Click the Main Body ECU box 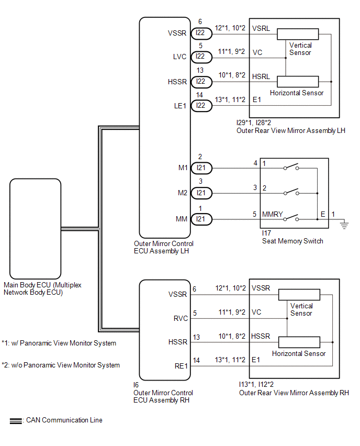click(35, 229)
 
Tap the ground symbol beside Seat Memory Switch click(344, 225)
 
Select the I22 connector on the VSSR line click(201, 32)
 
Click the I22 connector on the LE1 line click(201, 106)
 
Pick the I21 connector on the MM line click(201, 219)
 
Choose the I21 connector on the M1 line click(201, 168)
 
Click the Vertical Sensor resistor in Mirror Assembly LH click(298, 33)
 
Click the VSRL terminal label click(261, 28)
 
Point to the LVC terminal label click(179, 57)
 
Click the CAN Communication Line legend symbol click(16, 420)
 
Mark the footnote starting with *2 click(61, 365)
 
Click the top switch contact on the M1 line click(291, 168)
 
